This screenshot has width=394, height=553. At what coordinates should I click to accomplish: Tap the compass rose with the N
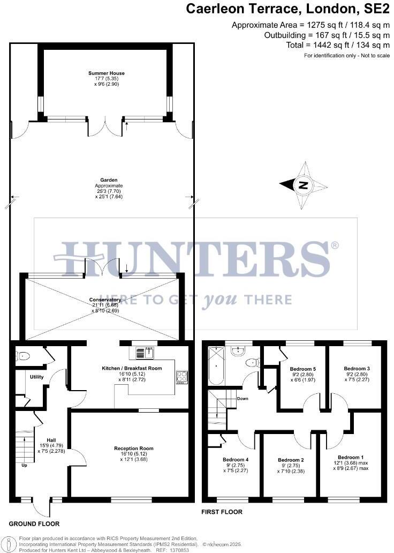click(x=303, y=185)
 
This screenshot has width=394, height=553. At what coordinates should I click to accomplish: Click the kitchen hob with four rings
click(x=180, y=377)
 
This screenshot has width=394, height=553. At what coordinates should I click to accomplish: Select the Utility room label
click(x=36, y=377)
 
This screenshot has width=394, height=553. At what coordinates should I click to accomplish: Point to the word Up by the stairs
click(x=24, y=466)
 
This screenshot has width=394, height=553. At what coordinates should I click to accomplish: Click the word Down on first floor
click(x=242, y=399)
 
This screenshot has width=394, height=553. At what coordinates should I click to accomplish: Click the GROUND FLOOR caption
click(x=34, y=524)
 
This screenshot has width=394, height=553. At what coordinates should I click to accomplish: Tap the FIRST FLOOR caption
click(x=222, y=512)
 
